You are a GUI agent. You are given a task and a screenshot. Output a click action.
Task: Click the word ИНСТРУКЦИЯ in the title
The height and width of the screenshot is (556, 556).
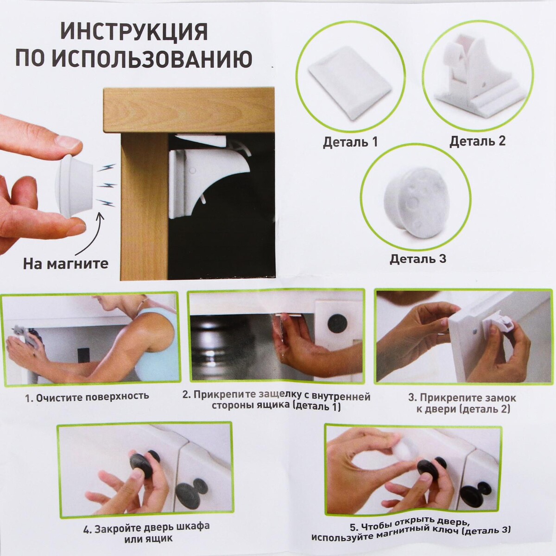click(x=134, y=32)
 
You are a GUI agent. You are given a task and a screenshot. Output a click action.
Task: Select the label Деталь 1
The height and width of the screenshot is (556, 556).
click(x=350, y=142)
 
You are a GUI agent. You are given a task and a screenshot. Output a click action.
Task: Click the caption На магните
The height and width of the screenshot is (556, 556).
click(x=66, y=263)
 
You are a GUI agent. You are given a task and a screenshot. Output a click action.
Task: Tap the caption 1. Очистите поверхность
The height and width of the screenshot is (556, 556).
click(x=87, y=396)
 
